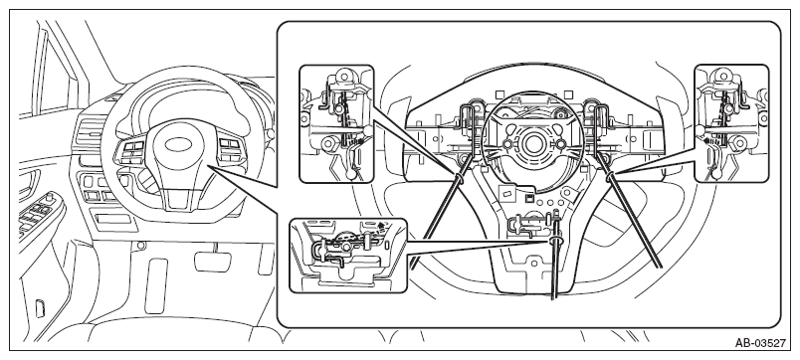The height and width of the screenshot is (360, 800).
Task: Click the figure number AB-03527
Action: [x=760, y=344]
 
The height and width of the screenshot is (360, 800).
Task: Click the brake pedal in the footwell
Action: [x=212, y=261]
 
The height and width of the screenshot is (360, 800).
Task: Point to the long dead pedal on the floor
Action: [x=156, y=285]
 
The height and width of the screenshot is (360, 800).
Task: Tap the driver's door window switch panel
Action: [x=37, y=213]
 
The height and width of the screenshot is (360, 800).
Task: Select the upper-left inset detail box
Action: [x=336, y=123]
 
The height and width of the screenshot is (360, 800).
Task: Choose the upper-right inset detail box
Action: [x=731, y=123]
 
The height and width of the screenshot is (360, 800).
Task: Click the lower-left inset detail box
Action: [x=348, y=256]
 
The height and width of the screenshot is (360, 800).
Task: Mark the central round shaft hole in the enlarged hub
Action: [x=533, y=144]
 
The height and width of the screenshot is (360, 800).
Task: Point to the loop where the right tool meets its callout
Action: [x=609, y=176]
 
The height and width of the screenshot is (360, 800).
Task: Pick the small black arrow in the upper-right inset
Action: [x=707, y=139]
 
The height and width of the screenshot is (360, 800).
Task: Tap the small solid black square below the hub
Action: [x=529, y=196]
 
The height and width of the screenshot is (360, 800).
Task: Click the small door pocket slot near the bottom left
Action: [x=39, y=308]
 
